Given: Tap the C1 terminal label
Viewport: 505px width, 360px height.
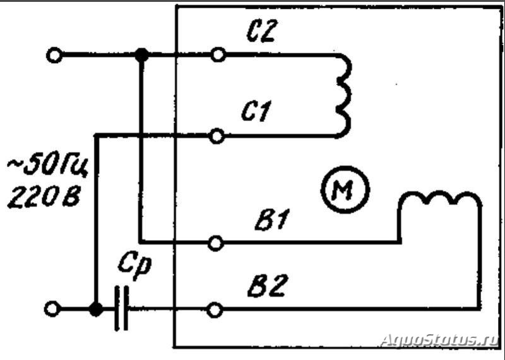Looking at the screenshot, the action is point(256,111).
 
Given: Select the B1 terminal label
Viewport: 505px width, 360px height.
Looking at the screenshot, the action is point(272,220).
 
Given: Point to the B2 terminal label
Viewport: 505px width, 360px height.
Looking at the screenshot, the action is point(266,285).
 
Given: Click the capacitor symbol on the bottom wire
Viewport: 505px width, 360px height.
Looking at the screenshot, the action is point(122,308).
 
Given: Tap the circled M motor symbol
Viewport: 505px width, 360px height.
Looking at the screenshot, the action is point(345,189).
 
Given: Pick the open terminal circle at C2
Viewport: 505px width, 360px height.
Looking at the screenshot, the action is point(218,55).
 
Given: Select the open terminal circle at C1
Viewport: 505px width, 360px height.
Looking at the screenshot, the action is point(217,136).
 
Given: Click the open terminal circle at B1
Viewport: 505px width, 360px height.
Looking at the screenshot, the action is point(215,243).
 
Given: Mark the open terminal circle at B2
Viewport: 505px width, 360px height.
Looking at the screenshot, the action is point(215,310).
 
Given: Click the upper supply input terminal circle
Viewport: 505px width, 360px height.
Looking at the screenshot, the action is point(54,55).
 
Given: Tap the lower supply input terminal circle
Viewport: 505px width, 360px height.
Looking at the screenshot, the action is point(52,309).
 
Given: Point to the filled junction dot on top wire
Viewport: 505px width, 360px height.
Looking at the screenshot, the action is point(141,55).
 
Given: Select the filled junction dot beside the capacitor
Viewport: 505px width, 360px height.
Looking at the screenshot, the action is point(96,309).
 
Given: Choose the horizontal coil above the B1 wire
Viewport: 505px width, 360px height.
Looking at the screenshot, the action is point(440,197).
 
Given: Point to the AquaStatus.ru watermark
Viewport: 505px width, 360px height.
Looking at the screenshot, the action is point(440,340).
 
